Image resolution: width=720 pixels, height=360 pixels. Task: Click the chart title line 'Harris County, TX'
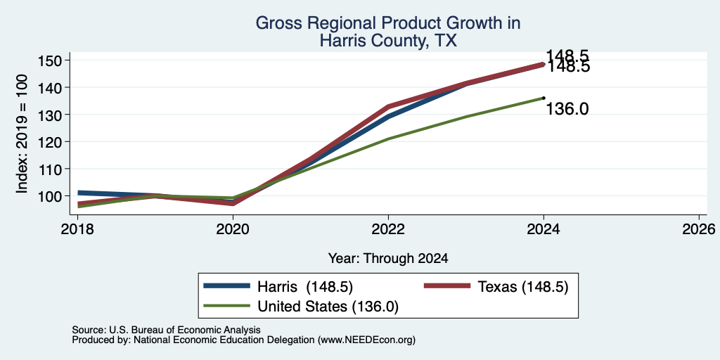[388, 41]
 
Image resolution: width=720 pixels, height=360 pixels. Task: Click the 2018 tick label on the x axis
[77, 229]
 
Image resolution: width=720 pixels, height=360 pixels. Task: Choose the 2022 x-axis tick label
[388, 229]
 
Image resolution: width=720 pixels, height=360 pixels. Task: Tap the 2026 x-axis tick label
[699, 229]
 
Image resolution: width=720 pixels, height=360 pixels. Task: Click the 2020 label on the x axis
[233, 229]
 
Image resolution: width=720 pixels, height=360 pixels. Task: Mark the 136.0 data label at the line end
[567, 109]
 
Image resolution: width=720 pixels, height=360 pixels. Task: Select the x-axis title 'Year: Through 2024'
[388, 259]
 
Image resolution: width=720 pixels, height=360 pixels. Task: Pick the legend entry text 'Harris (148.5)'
[305, 287]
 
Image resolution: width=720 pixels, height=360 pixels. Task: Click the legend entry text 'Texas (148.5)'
[523, 287]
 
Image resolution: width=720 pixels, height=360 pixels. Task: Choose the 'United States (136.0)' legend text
[328, 307]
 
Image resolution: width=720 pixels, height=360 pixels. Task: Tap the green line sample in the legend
[227, 306]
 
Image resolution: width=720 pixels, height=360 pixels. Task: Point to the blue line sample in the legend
[227, 286]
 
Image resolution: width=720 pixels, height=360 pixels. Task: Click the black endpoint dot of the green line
[544, 98]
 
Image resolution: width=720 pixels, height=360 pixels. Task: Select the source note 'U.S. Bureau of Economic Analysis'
[185, 330]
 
